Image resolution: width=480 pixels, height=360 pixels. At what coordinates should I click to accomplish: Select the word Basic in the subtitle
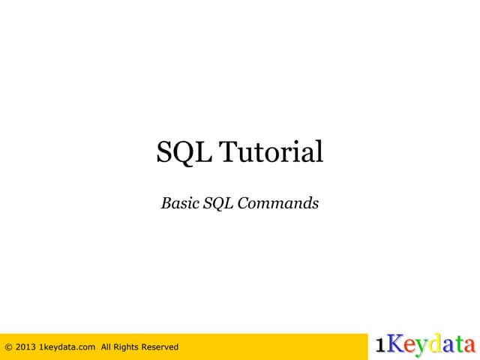(179, 202)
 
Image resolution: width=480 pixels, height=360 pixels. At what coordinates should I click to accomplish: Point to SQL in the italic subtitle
(218, 202)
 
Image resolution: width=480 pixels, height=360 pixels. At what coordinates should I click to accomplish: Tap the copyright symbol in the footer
(8, 346)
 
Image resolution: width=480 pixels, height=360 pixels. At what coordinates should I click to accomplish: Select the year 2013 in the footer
(25, 346)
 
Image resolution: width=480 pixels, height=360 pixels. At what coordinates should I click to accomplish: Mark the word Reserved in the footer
(162, 346)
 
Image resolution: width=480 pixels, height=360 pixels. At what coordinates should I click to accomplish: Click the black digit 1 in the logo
(381, 346)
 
